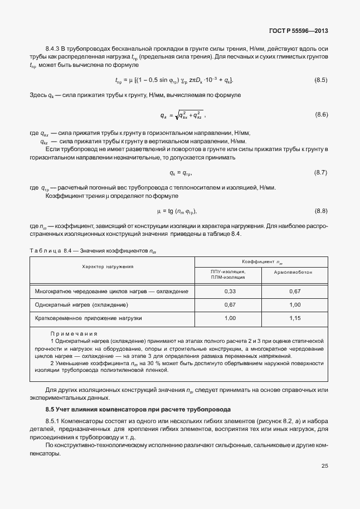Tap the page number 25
tap(324, 466)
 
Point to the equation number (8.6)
tap(321, 115)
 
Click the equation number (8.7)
tap(321, 172)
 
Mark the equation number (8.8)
tap(321, 211)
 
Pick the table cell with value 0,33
tap(229, 291)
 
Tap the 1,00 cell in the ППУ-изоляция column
tap(229, 318)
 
